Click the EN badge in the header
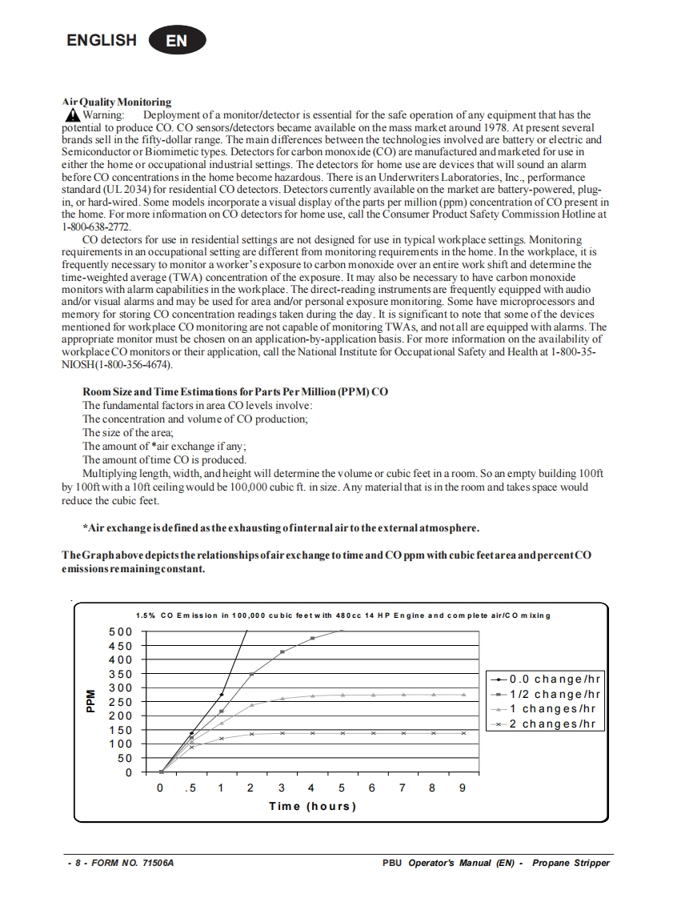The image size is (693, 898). (177, 41)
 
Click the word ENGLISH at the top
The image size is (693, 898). (102, 40)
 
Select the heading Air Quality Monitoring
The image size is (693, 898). (117, 102)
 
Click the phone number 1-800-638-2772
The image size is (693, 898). (96, 227)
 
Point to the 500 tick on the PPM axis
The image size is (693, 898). (122, 631)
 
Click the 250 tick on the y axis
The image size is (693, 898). (122, 702)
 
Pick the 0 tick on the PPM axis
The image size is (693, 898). (128, 772)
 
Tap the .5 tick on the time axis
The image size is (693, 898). (190, 788)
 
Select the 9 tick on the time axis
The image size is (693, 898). (462, 788)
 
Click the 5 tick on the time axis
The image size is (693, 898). (342, 788)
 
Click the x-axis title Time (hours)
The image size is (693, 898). (312, 806)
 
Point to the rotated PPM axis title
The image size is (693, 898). (90, 702)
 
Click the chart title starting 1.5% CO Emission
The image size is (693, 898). (343, 615)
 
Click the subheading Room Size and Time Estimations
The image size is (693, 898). (235, 391)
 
